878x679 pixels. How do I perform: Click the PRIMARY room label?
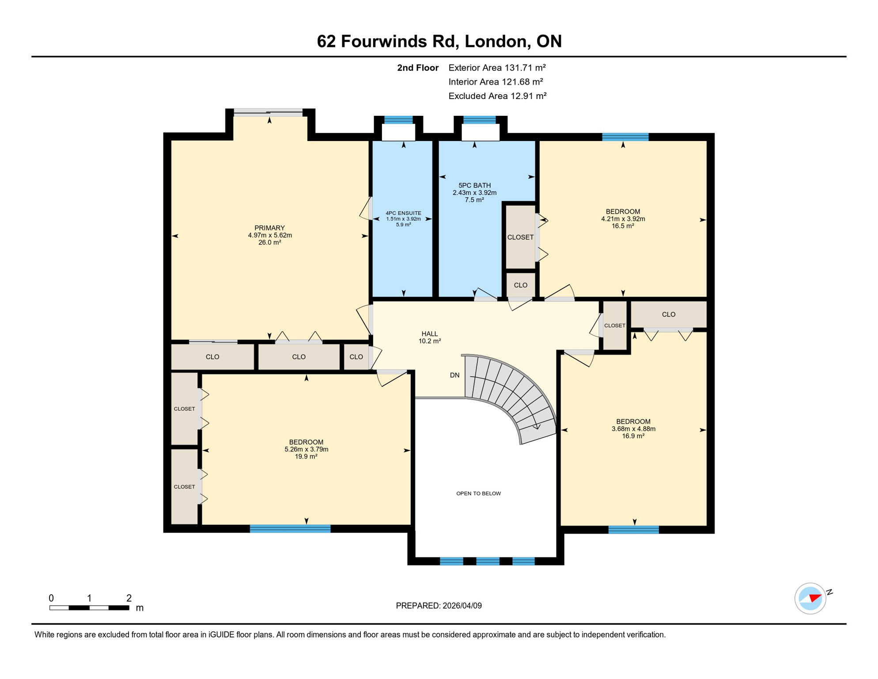coord(269,228)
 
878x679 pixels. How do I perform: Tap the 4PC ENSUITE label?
coord(403,213)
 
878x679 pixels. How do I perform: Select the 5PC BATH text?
coord(474,186)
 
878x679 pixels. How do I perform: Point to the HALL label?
coord(429,334)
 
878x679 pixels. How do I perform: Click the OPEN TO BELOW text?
coord(478,493)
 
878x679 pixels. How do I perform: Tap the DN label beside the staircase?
coord(454,375)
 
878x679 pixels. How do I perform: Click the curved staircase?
coord(512,393)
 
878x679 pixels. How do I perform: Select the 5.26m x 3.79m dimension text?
coord(306,450)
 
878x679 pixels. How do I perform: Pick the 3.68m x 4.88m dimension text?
coord(633,429)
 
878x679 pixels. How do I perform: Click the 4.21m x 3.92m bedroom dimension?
coord(623,219)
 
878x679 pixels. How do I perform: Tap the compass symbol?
coord(810,598)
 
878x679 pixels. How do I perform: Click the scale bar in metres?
coord(89,608)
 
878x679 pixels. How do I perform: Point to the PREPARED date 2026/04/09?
coord(439,606)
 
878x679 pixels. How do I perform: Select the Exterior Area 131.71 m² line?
coord(497,68)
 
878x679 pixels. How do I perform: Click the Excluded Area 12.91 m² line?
coord(497,96)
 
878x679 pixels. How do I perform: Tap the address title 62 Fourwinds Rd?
coord(439,41)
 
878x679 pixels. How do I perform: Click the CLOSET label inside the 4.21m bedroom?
coord(520,237)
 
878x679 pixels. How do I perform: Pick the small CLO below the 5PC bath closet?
coord(520,285)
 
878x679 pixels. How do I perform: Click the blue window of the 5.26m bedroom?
coord(290,529)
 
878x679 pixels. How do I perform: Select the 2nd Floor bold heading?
coord(417,68)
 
